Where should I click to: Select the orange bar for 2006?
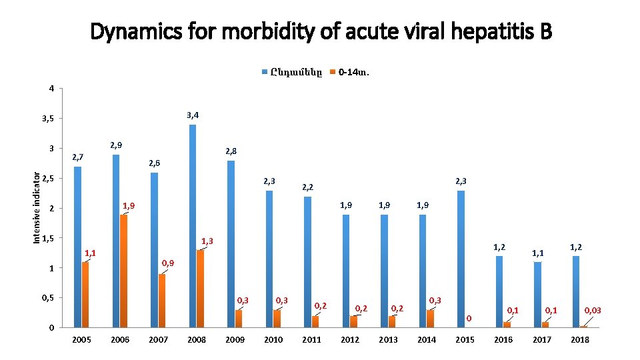pos(123,271)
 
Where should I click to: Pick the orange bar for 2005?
pos(85,294)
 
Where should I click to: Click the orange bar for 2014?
pos(430,319)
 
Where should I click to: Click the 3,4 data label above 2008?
pos(193,115)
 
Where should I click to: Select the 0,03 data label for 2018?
pos(593,310)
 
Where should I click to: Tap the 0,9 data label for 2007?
pos(168,263)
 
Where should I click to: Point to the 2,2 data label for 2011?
pos(308,187)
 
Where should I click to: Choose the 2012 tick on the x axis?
pos(350,340)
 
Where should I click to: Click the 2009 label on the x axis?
pos(235,340)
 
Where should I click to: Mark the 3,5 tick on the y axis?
pos(47,119)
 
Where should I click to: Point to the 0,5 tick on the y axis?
pos(47,297)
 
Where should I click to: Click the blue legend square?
pos(265,72)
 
